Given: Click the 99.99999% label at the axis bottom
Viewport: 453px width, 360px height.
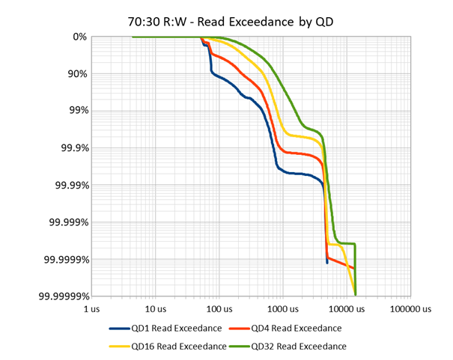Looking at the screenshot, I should [x=62, y=297].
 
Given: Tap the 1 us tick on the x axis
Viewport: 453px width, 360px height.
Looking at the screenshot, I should [x=91, y=308].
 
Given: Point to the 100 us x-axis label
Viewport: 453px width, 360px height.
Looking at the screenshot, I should [x=218, y=308].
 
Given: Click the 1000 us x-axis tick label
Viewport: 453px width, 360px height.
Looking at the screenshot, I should [x=281, y=308].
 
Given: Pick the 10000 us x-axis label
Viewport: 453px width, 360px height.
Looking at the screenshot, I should [x=344, y=308].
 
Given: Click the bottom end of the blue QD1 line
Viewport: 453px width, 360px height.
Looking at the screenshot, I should [x=327, y=263].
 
